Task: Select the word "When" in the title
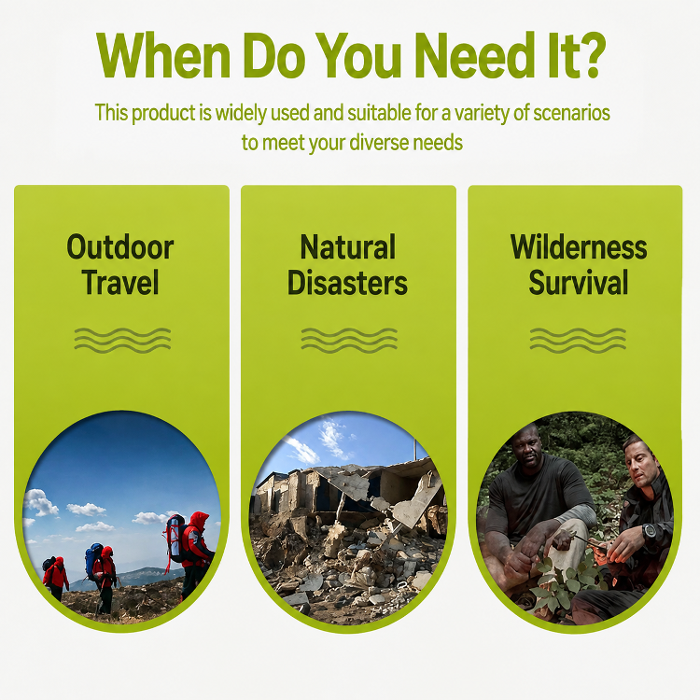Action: click(163, 55)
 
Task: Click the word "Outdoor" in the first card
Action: click(120, 247)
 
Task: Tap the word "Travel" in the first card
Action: click(120, 282)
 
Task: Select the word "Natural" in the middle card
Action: click(348, 247)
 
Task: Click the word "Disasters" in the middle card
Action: click(347, 282)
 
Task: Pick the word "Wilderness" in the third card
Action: click(579, 247)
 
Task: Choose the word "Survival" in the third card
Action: click(579, 282)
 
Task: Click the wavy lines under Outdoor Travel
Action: click(122, 340)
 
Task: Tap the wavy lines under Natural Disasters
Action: click(349, 340)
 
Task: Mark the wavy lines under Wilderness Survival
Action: click(578, 340)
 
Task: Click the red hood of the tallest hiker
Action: click(199, 521)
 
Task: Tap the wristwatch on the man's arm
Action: click(650, 530)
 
